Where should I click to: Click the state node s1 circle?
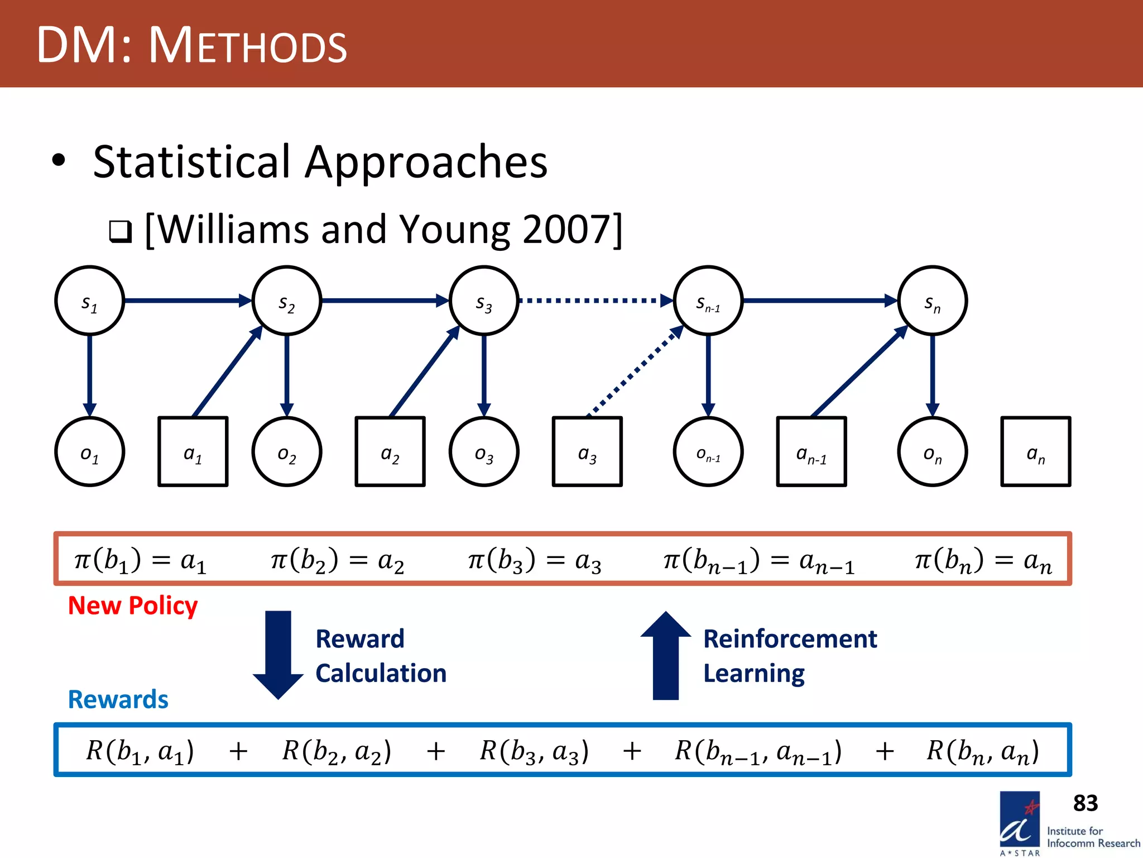(89, 301)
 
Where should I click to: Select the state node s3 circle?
(484, 301)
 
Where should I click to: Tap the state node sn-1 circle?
(708, 301)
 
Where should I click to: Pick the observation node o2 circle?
(286, 452)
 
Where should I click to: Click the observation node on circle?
(932, 452)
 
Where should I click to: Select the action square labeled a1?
(193, 452)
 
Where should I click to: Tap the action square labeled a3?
(587, 452)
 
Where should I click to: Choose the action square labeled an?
(1035, 452)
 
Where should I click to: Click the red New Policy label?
(133, 606)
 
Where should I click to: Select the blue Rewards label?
(118, 699)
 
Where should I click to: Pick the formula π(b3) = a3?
(534, 560)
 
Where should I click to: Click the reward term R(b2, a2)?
(337, 751)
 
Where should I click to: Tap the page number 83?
(1085, 803)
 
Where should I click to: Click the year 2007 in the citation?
(564, 229)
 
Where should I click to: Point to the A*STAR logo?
(1020, 822)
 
